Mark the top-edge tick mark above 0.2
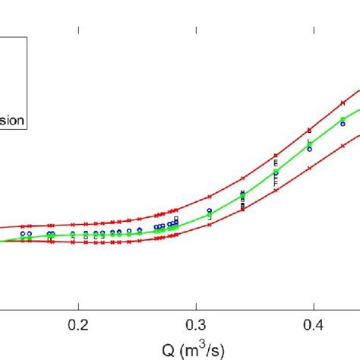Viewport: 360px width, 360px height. (x=78, y=31)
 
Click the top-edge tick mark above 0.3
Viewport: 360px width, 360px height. (x=197, y=31)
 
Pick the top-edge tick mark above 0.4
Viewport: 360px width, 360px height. (x=315, y=31)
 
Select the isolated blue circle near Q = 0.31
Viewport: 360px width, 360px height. (x=210, y=210)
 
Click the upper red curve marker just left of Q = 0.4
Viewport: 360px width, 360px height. (x=309, y=131)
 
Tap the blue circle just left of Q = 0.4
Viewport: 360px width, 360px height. (x=310, y=149)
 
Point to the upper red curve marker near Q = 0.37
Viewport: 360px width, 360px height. (x=276, y=156)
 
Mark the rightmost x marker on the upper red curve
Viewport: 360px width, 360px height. (x=343, y=103)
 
